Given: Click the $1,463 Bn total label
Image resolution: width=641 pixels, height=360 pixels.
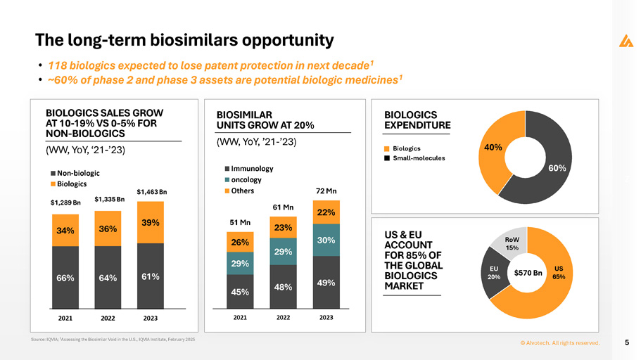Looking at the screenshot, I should (x=151, y=191).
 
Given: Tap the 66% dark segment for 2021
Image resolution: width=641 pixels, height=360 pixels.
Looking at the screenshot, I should (x=65, y=278).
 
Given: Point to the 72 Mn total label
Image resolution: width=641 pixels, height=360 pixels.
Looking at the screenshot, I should (x=326, y=191).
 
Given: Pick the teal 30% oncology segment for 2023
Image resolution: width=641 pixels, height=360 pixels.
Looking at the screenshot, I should (x=326, y=240).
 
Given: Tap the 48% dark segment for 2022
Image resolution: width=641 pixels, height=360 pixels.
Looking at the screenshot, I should (x=283, y=287).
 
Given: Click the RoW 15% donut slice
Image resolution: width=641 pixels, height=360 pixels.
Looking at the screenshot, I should (x=512, y=243).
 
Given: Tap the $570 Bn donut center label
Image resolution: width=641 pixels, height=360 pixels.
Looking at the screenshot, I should (x=528, y=272).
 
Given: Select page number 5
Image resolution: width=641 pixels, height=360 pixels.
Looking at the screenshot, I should (x=626, y=342).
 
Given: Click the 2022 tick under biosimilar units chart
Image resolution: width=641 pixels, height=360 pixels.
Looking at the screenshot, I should (x=283, y=318).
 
